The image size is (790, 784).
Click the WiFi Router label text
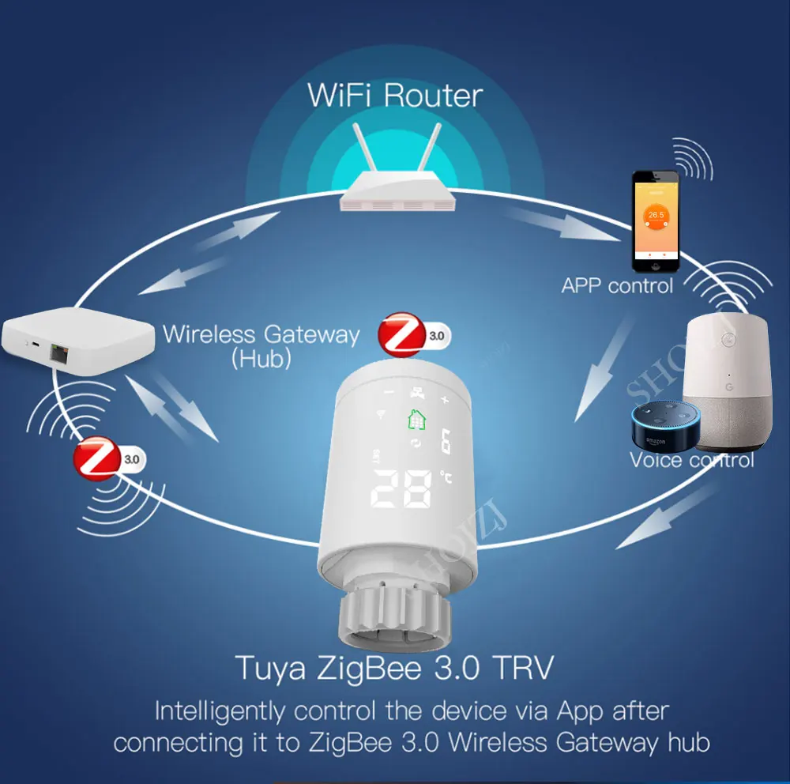[x=394, y=96]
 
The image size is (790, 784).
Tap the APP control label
[x=617, y=285]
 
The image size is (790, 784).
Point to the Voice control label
[x=691, y=460]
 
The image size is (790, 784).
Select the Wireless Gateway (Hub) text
[x=261, y=345]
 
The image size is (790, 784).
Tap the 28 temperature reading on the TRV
[x=402, y=490]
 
